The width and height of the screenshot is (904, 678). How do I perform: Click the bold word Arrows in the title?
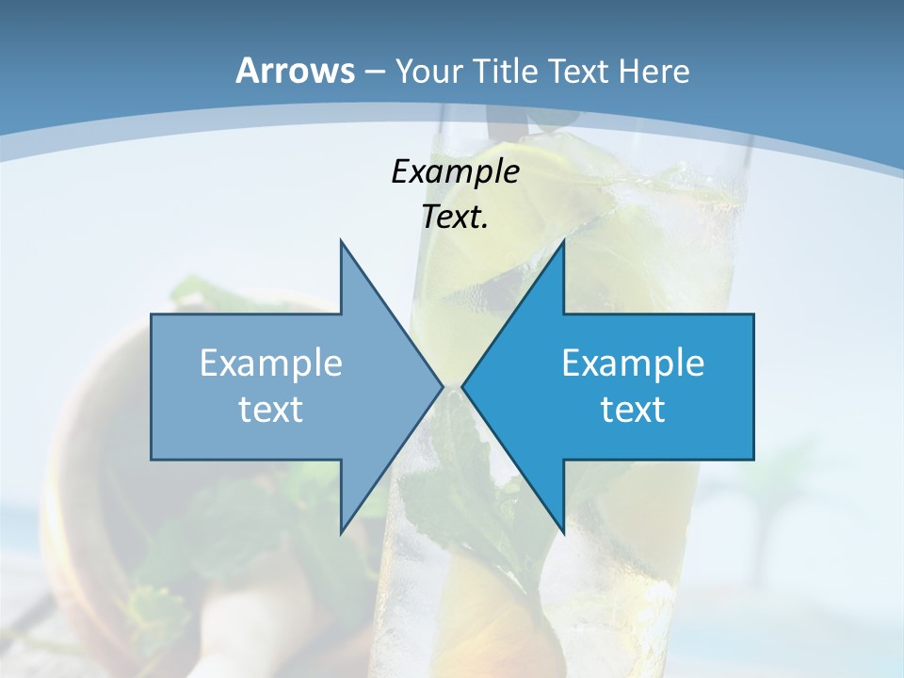(x=296, y=71)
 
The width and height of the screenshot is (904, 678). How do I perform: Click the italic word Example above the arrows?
(x=455, y=171)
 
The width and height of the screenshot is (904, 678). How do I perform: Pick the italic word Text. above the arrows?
(x=455, y=217)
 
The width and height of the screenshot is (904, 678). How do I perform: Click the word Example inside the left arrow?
(x=271, y=363)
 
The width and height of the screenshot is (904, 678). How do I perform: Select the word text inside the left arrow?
(x=271, y=409)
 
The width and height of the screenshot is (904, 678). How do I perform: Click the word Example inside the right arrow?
(x=633, y=363)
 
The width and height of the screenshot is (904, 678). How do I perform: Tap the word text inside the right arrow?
(x=633, y=409)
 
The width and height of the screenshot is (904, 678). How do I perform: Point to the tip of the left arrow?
(x=442, y=386)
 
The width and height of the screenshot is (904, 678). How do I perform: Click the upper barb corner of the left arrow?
(x=341, y=241)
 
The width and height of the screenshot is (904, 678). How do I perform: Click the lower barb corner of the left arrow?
(x=341, y=533)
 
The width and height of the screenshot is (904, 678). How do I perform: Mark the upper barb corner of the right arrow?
(x=563, y=241)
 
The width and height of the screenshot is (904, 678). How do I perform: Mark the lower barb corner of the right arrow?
(x=563, y=533)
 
